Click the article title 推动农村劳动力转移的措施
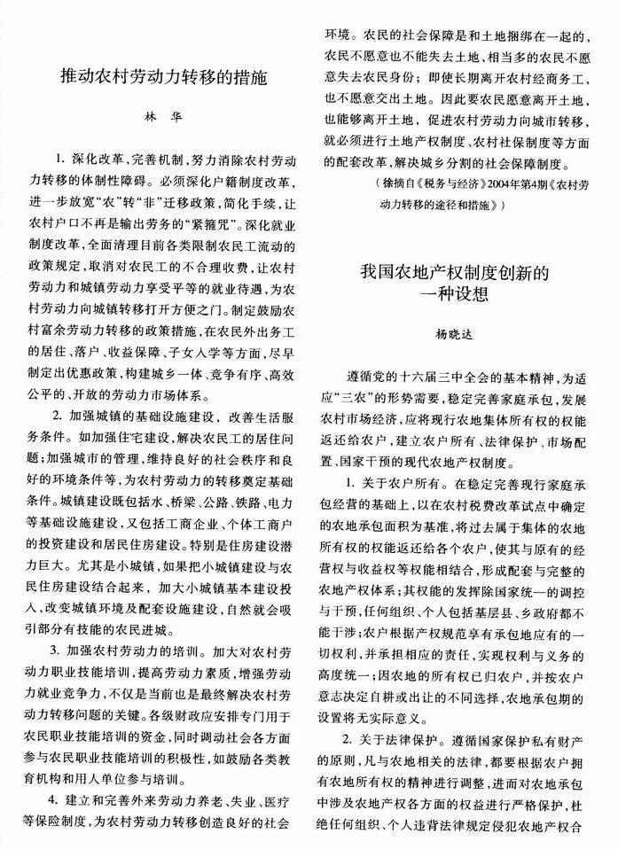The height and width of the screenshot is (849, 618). pyautogui.click(x=168, y=78)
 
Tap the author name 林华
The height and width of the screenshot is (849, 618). pyautogui.click(x=168, y=118)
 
